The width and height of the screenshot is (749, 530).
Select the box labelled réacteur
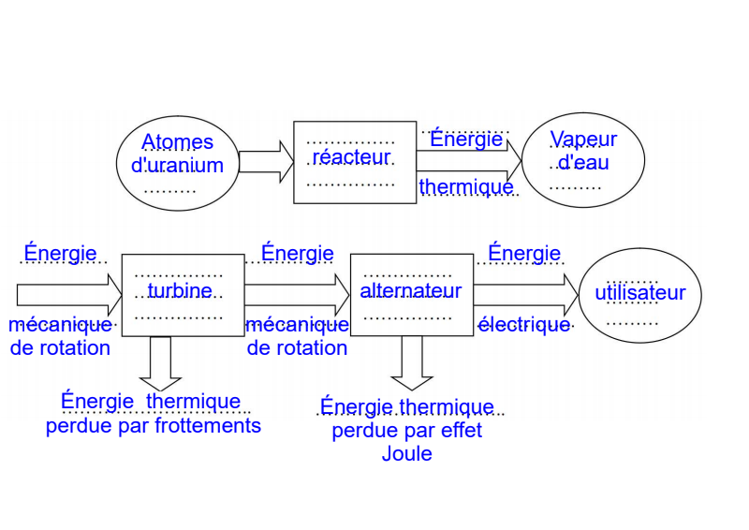pos(355,161)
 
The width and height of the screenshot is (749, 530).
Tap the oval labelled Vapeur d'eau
pos(583,161)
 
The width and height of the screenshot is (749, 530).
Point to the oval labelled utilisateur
pos(640,294)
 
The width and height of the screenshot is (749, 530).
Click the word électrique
pos(524,325)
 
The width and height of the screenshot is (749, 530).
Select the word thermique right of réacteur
pos(466,187)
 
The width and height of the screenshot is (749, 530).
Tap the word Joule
pos(407,454)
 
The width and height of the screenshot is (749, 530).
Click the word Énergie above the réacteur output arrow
pos(466,140)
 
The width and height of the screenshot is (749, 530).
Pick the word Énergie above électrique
pos(524,253)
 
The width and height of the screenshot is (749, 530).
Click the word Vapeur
pos(583,140)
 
